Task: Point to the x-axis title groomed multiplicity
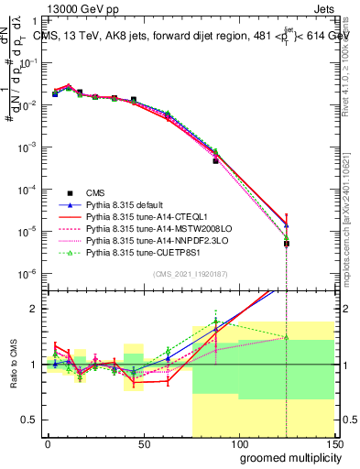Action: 286,456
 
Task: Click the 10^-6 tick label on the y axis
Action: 27,274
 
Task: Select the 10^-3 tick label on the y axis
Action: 27,147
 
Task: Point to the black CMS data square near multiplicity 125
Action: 287,244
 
